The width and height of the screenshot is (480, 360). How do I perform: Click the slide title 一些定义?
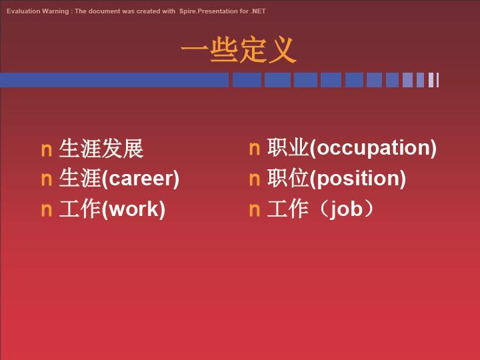(239, 49)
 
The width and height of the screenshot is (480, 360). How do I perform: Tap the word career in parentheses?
(141, 179)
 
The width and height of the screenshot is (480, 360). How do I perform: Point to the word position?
(358, 179)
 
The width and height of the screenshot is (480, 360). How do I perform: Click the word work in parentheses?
(133, 209)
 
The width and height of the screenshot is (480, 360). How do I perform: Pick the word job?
(346, 210)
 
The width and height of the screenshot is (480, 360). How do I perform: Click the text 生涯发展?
(101, 149)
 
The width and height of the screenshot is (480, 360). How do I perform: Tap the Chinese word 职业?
(288, 147)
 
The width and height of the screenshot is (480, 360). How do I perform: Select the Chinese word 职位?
(288, 178)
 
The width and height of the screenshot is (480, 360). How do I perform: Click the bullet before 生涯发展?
(47, 150)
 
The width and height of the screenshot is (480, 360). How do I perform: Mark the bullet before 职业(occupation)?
(255, 149)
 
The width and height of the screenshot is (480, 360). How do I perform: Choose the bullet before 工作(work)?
(47, 210)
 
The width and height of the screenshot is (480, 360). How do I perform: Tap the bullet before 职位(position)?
(255, 179)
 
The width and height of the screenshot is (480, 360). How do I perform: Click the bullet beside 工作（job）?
(255, 210)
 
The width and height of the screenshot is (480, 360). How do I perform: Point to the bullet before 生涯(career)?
(47, 180)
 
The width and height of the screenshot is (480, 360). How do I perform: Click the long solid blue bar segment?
(114, 80)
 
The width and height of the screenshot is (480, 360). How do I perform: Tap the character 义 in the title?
(283, 49)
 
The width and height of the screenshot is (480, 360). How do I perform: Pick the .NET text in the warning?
(258, 11)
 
